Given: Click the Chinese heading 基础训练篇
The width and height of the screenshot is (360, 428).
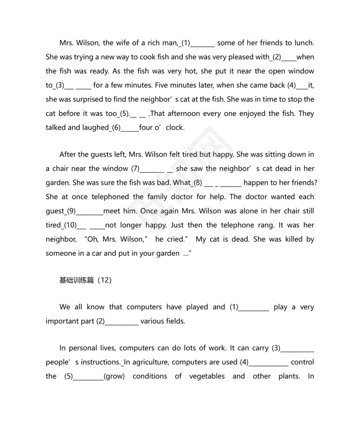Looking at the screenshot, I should point(76,280).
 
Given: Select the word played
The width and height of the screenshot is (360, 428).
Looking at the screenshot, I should point(197,307).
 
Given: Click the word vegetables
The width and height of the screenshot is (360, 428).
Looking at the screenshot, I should point(207,376).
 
